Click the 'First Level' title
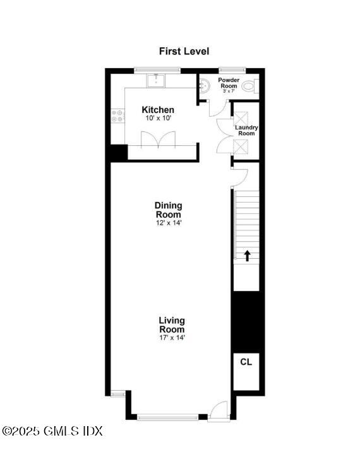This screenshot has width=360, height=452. pyautogui.click(x=184, y=51)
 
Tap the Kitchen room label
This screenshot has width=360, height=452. pyautogui.click(x=158, y=110)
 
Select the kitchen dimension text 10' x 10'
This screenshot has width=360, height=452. pyautogui.click(x=158, y=118)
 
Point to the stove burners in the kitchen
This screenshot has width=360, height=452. pyautogui.click(x=117, y=116)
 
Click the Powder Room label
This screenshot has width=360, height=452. pyautogui.click(x=229, y=83)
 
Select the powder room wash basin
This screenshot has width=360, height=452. pyautogui.click(x=203, y=86)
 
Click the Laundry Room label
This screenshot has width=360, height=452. pyautogui.click(x=246, y=131)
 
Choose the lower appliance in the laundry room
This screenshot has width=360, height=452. pyautogui.click(x=243, y=147)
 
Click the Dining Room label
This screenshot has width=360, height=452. pyautogui.click(x=168, y=210)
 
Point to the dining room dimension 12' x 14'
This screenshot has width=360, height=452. pyautogui.click(x=168, y=222)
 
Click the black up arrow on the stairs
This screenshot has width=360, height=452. pyautogui.click(x=247, y=255)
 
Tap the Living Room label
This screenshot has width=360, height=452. pyautogui.click(x=172, y=325)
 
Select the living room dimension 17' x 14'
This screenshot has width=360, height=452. pyautogui.click(x=172, y=338)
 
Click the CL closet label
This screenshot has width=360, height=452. pyautogui.click(x=246, y=362)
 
